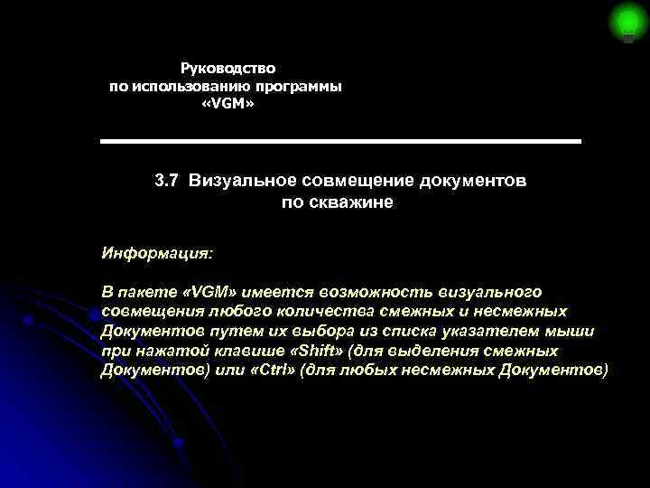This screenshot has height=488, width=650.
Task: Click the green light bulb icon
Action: pos(626,22)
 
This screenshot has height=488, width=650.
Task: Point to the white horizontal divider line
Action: pos(340,142)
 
